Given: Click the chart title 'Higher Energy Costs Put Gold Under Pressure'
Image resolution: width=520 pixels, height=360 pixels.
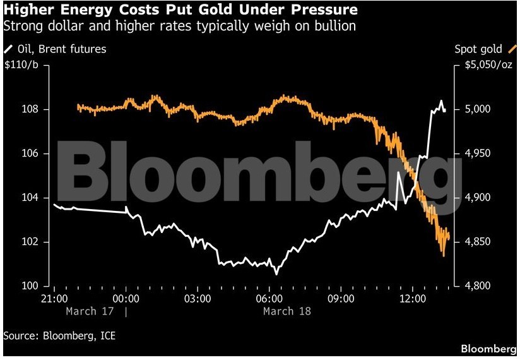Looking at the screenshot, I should pos(180,10).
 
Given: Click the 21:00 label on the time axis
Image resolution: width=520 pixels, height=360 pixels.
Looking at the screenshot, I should pos(54,298).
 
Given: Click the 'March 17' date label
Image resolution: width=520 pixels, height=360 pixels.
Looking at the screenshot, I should pos(90,311).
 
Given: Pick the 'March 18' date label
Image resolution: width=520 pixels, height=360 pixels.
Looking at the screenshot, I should pos(287,311).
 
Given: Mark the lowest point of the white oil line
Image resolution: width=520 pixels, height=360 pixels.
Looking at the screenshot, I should pos(276,274).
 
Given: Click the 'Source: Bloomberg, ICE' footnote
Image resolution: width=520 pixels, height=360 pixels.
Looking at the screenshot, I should pos(60,336).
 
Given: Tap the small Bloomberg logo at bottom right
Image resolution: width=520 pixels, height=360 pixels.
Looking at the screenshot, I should pos(488,349).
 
